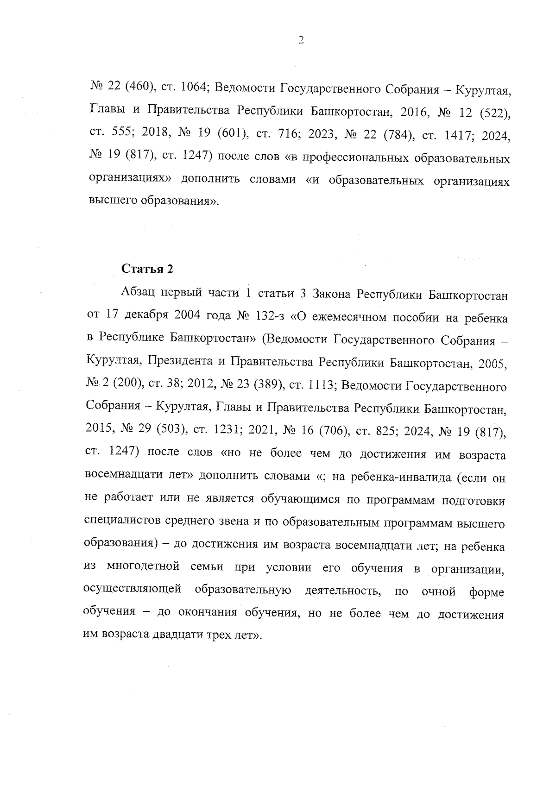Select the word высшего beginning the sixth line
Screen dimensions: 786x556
[108, 203]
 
